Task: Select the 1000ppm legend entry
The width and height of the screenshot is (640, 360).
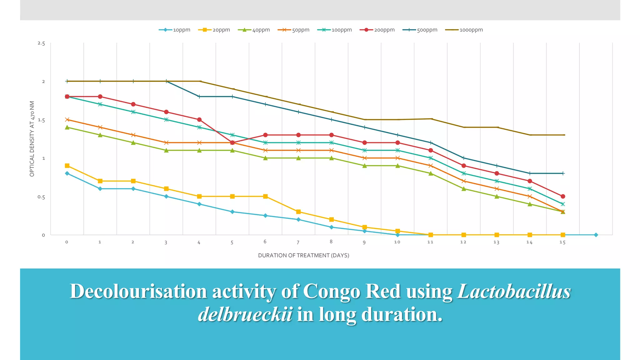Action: click(x=464, y=30)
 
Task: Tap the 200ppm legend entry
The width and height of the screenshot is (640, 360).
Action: click(x=377, y=30)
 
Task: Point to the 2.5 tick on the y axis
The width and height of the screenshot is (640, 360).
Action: click(x=41, y=43)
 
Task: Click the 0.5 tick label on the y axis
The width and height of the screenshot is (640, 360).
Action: click(x=41, y=197)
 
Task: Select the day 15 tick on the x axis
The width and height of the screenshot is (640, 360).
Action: click(x=562, y=242)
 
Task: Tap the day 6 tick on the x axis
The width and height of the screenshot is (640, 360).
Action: click(x=265, y=242)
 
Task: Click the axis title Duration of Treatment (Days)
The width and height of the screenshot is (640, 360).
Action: click(x=303, y=255)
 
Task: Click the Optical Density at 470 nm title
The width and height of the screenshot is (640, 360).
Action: click(x=32, y=139)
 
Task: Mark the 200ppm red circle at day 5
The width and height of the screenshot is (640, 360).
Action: click(x=232, y=142)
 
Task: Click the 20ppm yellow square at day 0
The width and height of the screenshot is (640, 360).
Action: click(x=67, y=166)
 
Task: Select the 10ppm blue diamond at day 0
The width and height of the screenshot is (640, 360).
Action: click(x=67, y=173)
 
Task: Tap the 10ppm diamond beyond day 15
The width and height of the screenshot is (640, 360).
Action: click(x=596, y=235)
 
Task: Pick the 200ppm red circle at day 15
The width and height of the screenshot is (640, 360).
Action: click(x=563, y=196)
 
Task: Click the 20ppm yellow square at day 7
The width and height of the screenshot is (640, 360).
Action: click(x=298, y=212)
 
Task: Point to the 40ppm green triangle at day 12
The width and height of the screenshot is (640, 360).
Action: click(x=464, y=188)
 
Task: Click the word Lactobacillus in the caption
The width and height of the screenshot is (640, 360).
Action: click(x=514, y=291)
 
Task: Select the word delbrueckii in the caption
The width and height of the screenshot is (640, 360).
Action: click(x=245, y=314)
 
